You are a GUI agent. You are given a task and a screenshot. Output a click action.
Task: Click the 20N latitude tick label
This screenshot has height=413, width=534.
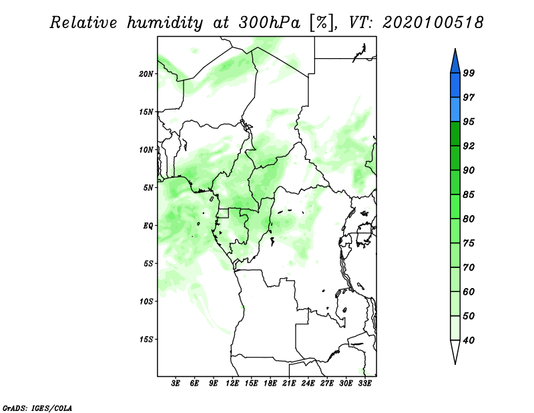pos(146,74)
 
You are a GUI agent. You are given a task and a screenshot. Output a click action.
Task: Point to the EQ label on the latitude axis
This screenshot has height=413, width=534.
pos(148,226)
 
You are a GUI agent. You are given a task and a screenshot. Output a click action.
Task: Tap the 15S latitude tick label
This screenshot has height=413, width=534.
pos(146,339)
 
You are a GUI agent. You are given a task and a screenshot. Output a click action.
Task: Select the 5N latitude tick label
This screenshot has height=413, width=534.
pos(148,188)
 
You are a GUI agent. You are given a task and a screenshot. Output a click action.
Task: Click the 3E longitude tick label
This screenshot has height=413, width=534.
pos(176,384)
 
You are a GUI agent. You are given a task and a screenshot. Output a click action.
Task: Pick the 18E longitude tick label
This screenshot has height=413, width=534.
pos(270,384)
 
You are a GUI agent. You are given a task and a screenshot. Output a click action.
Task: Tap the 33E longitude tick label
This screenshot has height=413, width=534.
pos(364,384)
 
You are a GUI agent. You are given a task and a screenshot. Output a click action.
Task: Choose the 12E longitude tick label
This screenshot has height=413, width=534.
pos(232,384)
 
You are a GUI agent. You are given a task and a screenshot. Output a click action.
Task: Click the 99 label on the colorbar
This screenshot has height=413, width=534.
pos(469,73)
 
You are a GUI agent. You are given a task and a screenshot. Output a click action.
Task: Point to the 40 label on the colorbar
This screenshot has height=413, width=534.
pos(469,340)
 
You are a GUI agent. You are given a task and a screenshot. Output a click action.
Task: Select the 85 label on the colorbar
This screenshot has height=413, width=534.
pos(469,194)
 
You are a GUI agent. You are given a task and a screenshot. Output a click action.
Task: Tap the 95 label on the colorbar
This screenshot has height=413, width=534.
pos(469,122)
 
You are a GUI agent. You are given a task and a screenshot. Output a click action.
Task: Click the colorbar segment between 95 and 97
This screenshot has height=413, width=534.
pos(455,110)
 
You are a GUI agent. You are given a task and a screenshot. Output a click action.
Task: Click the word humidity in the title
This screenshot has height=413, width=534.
pos(165,23)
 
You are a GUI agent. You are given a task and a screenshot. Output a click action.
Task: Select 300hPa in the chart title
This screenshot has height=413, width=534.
pos(270,23)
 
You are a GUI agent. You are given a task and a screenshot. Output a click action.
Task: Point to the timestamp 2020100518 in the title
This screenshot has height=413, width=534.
pos(433,23)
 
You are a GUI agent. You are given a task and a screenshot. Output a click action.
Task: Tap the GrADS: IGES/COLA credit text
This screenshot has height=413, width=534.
pos(37,408)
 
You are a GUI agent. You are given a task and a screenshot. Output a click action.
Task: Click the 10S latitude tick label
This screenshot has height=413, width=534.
pos(146,301)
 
